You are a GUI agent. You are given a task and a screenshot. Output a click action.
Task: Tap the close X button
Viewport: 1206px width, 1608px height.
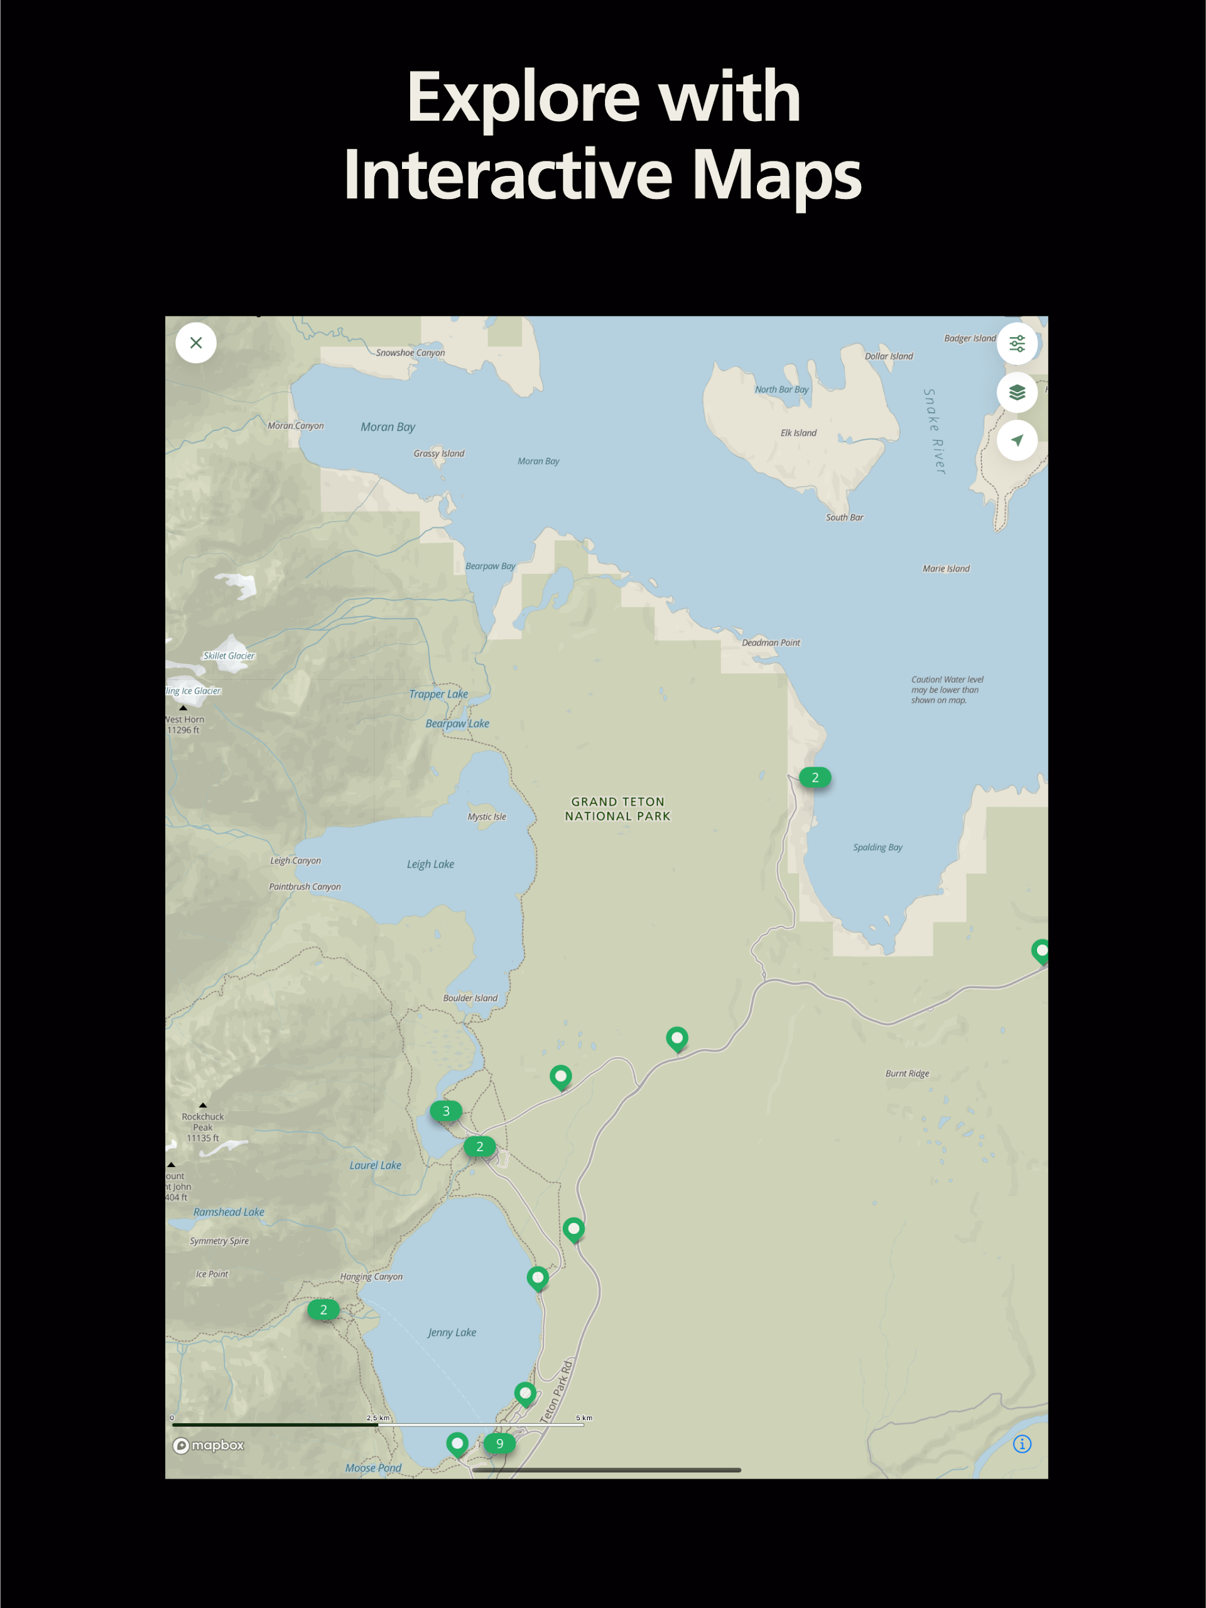pos(195,342)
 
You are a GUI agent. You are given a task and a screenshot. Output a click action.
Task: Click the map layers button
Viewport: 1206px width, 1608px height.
pos(1016,393)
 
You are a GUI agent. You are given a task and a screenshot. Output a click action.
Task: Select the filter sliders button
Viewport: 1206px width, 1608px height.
pos(1016,343)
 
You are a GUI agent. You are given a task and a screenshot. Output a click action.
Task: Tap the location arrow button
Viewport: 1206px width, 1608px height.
pos(1016,440)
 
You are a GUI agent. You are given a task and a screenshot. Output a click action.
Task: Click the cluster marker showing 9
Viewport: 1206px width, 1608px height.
pos(499,1443)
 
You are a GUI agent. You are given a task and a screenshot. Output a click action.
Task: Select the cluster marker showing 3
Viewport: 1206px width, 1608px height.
pos(445,1111)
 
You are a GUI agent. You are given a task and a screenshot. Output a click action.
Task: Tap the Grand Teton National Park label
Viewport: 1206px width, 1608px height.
pos(617,808)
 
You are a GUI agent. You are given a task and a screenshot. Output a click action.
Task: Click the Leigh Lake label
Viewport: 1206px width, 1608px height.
pos(430,864)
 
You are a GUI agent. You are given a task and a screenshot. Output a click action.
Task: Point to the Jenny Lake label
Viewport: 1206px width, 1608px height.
pos(452,1332)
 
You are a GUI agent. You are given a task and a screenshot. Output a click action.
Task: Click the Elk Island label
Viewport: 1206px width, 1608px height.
pos(798,433)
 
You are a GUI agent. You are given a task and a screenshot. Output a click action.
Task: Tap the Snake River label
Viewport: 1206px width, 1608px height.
pos(934,432)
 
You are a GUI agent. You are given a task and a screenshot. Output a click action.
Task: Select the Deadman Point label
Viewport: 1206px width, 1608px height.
pos(771,643)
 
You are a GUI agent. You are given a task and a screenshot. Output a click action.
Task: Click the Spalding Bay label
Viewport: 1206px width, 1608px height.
pos(877,847)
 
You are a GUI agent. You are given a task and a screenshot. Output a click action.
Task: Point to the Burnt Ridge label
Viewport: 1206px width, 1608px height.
pos(907,1073)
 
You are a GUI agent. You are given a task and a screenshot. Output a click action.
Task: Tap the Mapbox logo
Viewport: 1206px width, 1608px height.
pos(209,1445)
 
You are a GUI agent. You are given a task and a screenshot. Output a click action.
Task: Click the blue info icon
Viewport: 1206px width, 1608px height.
pos(1021,1445)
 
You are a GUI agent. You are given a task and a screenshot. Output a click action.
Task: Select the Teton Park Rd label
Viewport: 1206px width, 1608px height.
pos(557,1391)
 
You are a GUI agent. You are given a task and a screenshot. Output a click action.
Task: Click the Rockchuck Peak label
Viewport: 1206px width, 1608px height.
pos(203,1127)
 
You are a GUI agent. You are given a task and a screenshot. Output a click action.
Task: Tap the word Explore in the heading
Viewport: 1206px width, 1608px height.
pos(523,98)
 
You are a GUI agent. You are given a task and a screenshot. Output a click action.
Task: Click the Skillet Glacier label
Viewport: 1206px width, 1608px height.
pos(229,656)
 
